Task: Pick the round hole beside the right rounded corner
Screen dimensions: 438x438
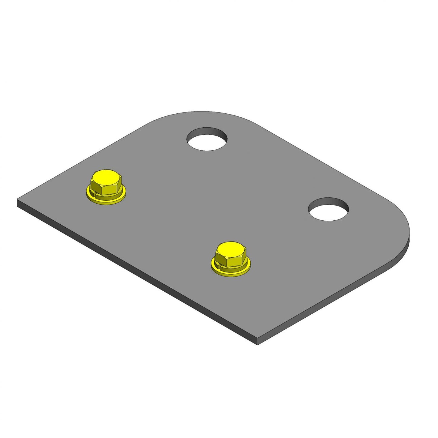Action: coord(328,210)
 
